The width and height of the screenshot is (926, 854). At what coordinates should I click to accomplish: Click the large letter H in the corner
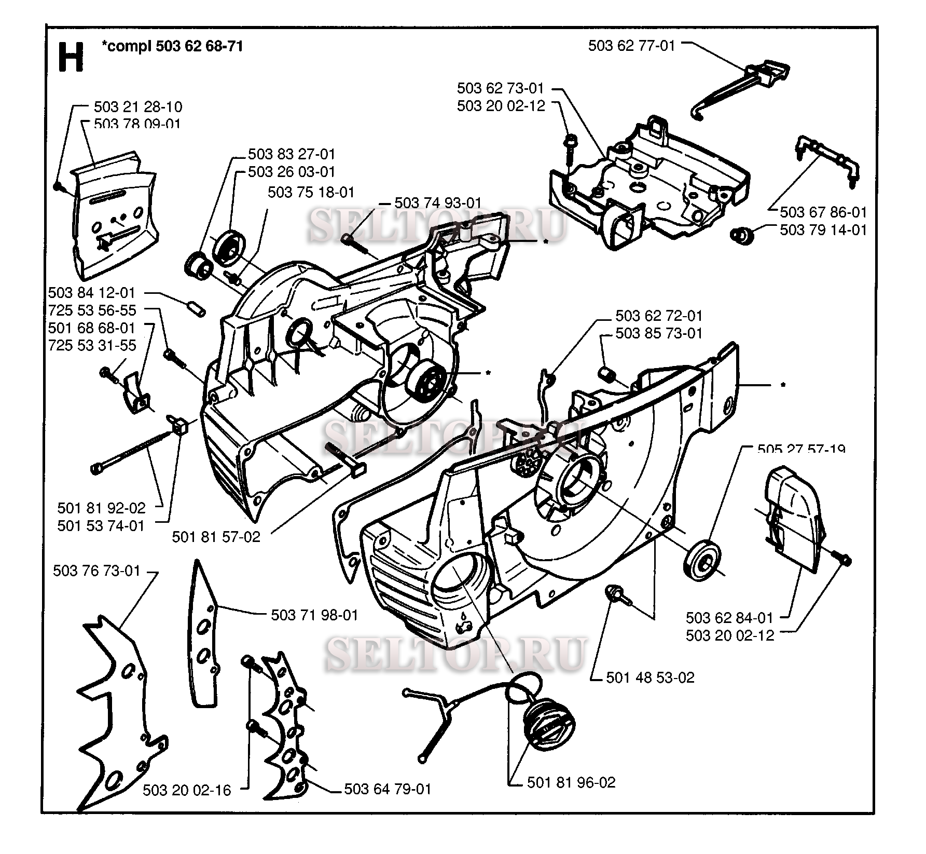click(71, 58)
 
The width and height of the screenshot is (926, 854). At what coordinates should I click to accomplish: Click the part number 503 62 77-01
click(631, 46)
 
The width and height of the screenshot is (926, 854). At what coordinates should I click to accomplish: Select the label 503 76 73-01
click(96, 571)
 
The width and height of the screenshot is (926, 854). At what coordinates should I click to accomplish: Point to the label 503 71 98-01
click(314, 615)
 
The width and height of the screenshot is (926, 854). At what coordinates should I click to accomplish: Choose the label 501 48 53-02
click(650, 677)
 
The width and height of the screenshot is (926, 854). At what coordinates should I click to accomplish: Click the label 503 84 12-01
click(92, 293)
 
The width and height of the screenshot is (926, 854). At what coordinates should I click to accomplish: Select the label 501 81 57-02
click(216, 537)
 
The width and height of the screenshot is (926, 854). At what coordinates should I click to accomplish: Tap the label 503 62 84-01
click(729, 618)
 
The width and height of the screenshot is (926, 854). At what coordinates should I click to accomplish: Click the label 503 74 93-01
click(438, 203)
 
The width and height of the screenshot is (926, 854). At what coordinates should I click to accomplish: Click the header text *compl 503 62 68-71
click(173, 46)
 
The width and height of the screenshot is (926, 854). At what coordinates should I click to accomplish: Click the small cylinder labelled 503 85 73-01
click(606, 373)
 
